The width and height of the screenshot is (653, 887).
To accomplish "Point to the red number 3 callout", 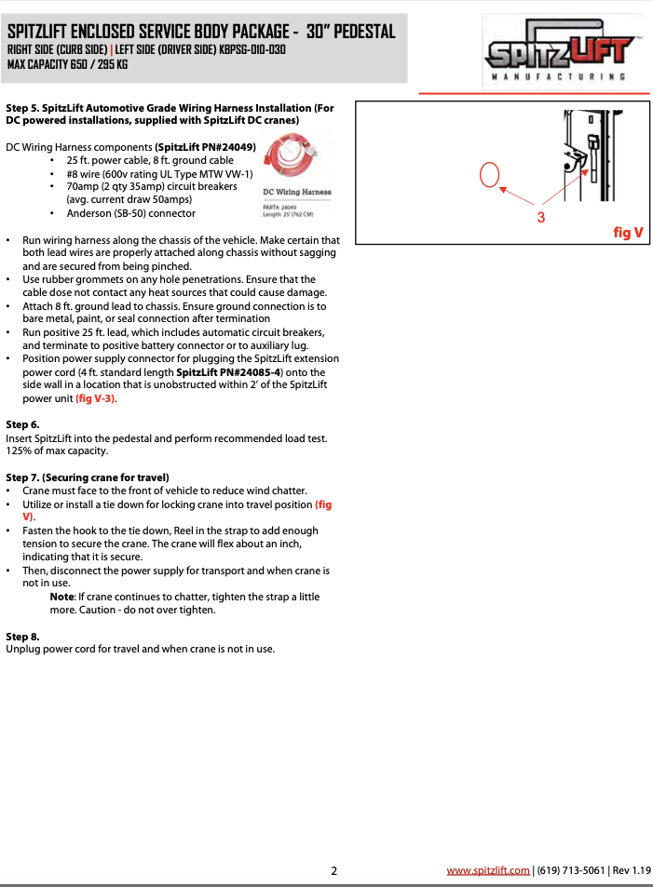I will pos(540,216).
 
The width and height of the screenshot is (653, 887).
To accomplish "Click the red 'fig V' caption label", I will pos(628,233).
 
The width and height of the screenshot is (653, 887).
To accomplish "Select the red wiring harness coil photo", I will pos(292,155).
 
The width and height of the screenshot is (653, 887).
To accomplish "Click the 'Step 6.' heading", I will pos(22,424).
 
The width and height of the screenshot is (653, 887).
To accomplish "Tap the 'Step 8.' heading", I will pos(22,637).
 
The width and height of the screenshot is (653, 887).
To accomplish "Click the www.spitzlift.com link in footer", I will pos(488,870).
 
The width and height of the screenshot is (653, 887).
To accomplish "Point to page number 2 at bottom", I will pos(333,871).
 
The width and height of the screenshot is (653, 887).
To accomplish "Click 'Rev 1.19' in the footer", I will pos(631,870).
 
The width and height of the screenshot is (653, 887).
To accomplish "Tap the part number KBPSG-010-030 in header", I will pos(252,49).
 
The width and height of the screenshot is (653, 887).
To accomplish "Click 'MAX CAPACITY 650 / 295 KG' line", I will pos(67,64).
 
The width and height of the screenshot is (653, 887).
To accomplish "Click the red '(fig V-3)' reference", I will pos(95,398).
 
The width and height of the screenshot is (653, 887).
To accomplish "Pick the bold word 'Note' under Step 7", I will pos(61,597).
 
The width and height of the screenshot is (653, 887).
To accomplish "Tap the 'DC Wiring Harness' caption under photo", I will pos(296,192).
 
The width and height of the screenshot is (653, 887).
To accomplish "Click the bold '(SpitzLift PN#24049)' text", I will pos(205,147).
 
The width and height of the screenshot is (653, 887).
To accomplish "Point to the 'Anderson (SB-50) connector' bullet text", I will pos(130,212).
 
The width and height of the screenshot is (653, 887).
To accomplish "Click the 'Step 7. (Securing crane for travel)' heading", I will pos(88,477).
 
